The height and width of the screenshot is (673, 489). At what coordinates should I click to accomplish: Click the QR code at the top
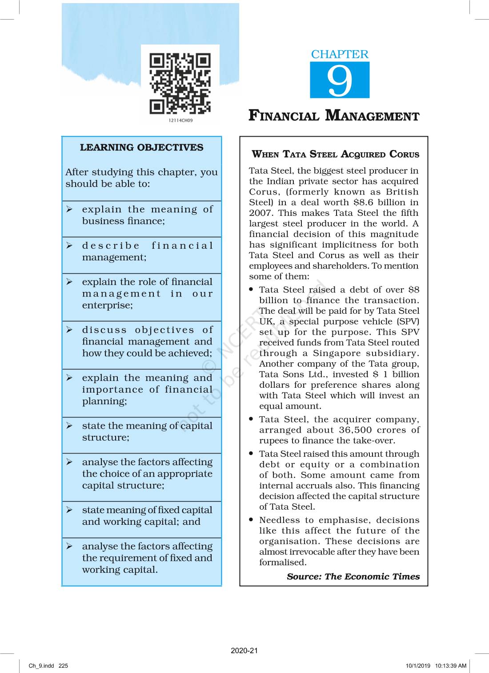coord(180,84)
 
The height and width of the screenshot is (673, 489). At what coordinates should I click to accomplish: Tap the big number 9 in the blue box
coord(340,81)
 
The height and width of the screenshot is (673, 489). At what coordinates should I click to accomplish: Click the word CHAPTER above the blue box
coord(340,54)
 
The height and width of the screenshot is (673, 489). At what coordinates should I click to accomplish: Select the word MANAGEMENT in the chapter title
coord(373,116)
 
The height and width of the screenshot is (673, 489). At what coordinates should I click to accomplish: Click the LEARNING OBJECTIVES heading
coord(141,148)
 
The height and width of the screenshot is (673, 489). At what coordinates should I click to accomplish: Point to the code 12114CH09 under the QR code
coord(180,121)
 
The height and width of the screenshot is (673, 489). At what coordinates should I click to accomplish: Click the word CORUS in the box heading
coord(404,154)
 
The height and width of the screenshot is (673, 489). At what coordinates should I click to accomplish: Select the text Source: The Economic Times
coord(353,577)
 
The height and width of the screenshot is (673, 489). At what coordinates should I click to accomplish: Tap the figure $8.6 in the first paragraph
coord(364,203)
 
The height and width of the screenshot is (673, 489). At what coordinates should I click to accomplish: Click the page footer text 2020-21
coord(244,651)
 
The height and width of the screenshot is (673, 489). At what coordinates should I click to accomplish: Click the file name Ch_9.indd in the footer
coord(41,666)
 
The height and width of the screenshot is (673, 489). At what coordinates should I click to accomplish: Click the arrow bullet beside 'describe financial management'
coord(70,246)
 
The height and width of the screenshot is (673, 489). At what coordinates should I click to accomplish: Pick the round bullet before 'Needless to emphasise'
coord(252,520)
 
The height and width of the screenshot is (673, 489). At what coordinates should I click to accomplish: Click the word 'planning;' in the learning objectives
coord(104,401)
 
